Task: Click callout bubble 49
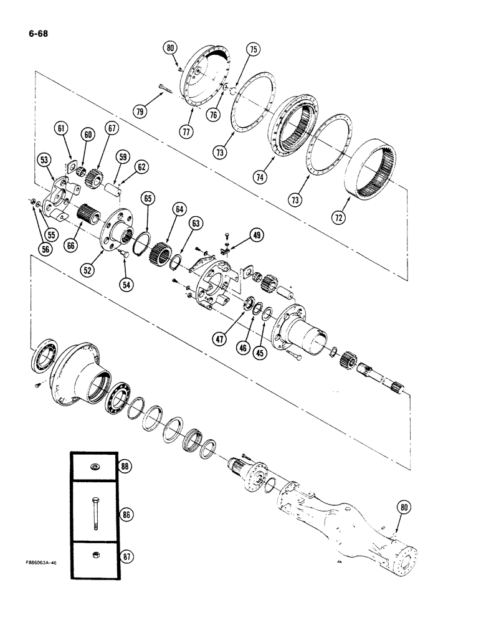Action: coord(256,235)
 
